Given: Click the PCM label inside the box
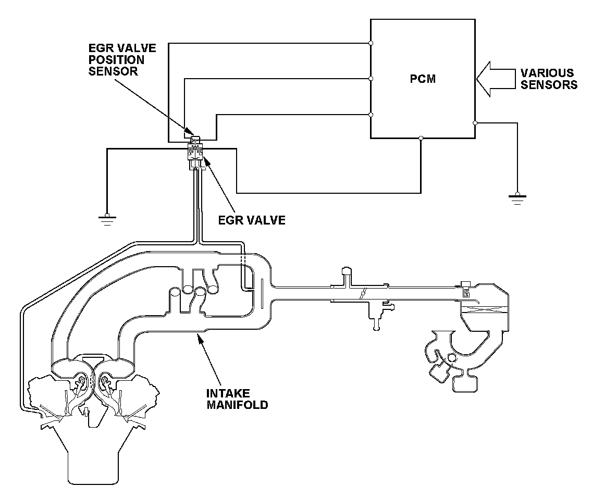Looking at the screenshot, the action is tap(423, 79).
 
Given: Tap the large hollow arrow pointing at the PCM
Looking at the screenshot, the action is tap(496, 79).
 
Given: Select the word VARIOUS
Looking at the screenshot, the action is tap(547, 73).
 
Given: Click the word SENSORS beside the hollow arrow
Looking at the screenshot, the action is tap(549, 84).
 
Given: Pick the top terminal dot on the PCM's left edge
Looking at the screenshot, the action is tap(371, 43).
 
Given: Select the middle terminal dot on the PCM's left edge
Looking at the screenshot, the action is tap(371, 79).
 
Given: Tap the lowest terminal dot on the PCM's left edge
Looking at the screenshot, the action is tap(371, 115).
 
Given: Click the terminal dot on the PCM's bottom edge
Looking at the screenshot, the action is tap(421, 138).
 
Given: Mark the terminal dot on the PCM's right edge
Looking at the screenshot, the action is tap(475, 123).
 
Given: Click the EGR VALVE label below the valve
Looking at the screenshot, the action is tap(252, 220).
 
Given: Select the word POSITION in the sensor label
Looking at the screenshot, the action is tap(116, 59).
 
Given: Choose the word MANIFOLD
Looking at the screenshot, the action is tap(237, 405).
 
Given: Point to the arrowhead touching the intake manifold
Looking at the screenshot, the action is tap(200, 336).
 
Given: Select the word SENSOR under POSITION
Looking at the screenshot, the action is tap(113, 71).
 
